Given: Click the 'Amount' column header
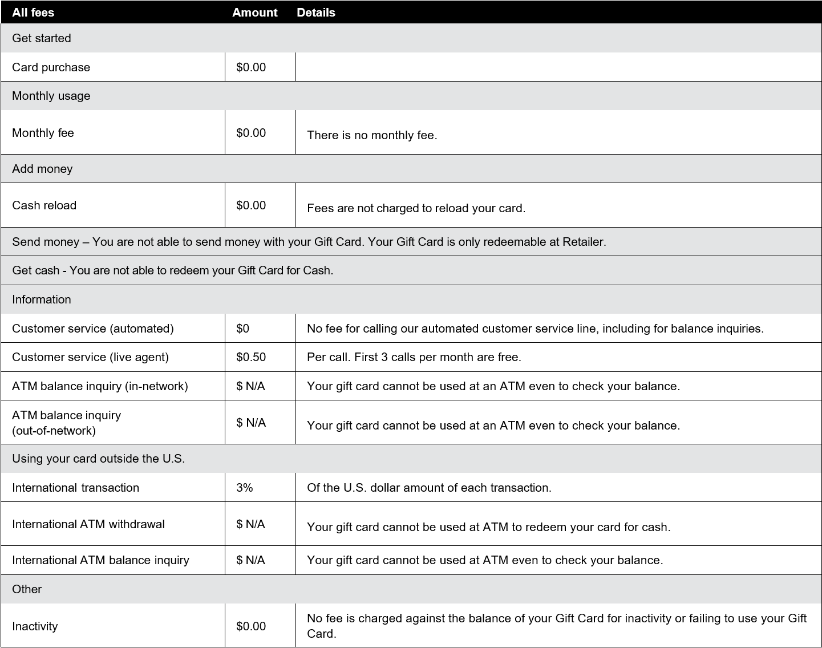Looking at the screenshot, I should click(x=254, y=13).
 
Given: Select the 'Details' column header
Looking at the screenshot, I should click(x=316, y=13).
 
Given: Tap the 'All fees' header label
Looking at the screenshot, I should click(x=33, y=13).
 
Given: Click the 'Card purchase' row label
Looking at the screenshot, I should click(x=51, y=67).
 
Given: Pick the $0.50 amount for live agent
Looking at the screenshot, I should click(x=251, y=357).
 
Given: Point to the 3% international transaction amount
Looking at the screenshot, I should click(x=245, y=488).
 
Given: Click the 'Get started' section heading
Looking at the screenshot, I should click(x=42, y=38).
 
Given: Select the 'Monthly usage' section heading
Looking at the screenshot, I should click(x=51, y=96).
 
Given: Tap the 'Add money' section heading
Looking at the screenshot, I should click(x=42, y=169).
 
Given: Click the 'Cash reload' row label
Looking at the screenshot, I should click(x=44, y=205).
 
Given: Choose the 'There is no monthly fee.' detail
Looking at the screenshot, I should click(x=372, y=135).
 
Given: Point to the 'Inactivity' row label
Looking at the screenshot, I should click(x=35, y=626).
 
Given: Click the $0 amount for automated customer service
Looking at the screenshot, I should click(x=242, y=329).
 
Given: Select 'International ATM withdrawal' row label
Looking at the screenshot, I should click(x=88, y=524).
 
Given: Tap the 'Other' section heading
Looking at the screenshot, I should click(x=27, y=589).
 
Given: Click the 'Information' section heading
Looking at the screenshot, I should click(x=42, y=299).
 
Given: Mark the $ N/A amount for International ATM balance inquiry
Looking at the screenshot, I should click(x=250, y=560).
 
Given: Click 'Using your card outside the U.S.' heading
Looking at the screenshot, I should click(x=98, y=459).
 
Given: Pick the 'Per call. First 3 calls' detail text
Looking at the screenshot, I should click(x=414, y=357).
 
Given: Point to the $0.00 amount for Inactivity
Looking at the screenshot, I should click(x=251, y=626).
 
